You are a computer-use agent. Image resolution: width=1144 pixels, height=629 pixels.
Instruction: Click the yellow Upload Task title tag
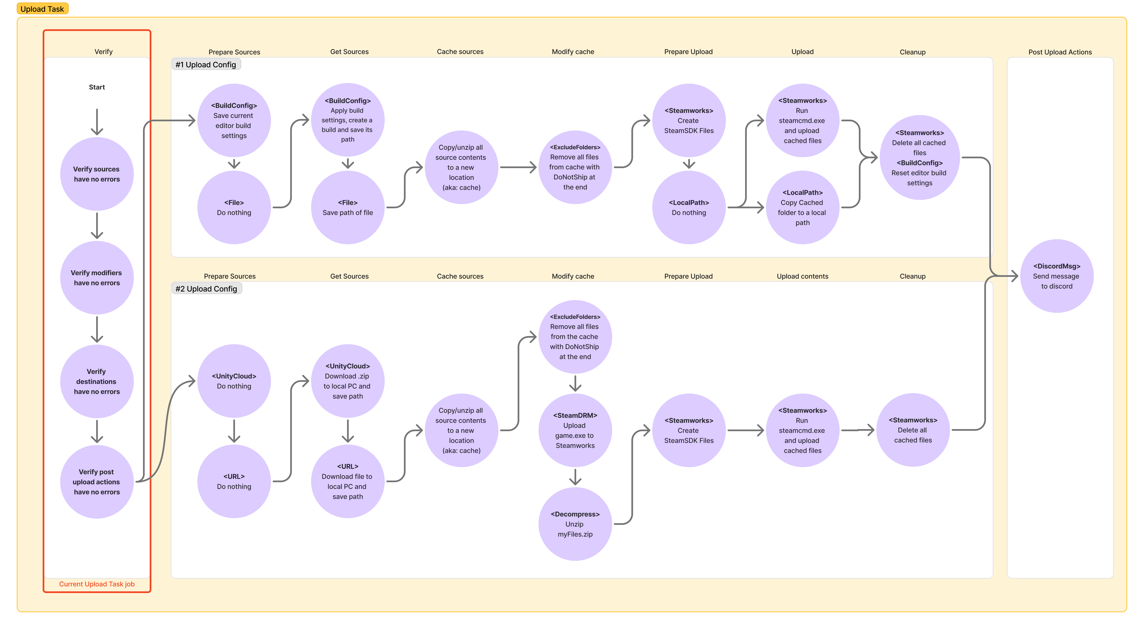pyautogui.click(x=42, y=9)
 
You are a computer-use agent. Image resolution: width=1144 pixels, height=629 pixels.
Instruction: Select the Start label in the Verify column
pyautogui.click(x=97, y=87)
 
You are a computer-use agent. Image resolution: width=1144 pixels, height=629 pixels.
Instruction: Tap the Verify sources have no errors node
pyautogui.click(x=97, y=174)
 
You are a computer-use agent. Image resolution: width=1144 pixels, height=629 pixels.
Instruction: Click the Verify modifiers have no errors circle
pyautogui.click(x=97, y=278)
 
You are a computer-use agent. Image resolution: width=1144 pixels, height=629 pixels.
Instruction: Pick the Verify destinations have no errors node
pyautogui.click(x=97, y=381)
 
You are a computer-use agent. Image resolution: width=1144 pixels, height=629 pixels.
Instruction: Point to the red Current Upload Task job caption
pyautogui.click(x=97, y=584)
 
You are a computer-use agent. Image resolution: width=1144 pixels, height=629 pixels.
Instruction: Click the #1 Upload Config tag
pyautogui.click(x=206, y=64)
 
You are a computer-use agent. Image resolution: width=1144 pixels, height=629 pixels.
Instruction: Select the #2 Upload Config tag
pyautogui.click(x=206, y=289)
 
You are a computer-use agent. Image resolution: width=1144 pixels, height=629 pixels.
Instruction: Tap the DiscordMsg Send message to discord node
pyautogui.click(x=1057, y=276)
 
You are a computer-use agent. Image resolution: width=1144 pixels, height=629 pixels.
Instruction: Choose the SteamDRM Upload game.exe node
pyautogui.click(x=575, y=430)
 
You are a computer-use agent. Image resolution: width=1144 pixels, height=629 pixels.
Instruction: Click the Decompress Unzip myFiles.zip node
pyautogui.click(x=575, y=524)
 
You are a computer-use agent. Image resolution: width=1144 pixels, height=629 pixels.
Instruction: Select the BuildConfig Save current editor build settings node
pyautogui.click(x=234, y=120)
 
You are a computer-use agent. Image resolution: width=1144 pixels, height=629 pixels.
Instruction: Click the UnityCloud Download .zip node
pyautogui.click(x=348, y=381)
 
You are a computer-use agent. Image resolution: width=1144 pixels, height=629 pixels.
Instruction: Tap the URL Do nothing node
pyautogui.click(x=234, y=481)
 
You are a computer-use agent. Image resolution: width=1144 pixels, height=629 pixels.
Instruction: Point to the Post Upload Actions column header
pyautogui.click(x=1060, y=52)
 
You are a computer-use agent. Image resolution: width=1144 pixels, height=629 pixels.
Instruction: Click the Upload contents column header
pyautogui.click(x=802, y=276)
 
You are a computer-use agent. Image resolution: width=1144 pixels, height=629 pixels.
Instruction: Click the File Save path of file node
pyautogui.click(x=348, y=207)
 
